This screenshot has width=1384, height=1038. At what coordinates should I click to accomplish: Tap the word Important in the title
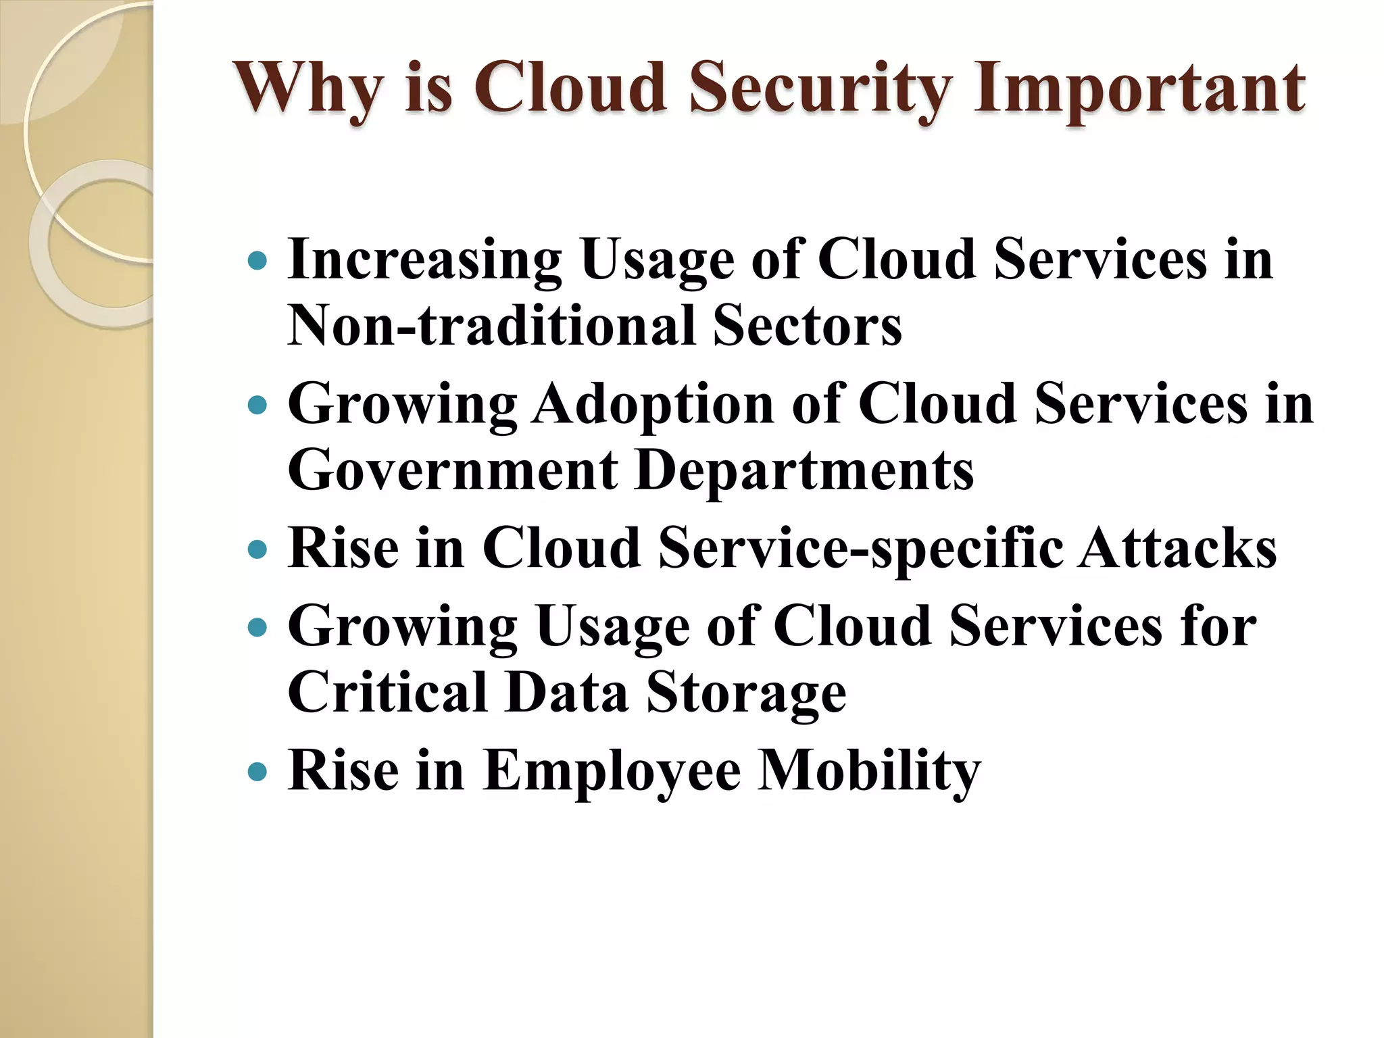click(1139, 89)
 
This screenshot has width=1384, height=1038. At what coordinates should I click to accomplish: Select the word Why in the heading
click(308, 89)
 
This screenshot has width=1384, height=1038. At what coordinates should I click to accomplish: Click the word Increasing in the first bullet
click(424, 261)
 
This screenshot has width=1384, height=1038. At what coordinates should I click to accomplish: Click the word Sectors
click(807, 326)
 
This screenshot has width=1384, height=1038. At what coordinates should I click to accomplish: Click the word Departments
click(804, 470)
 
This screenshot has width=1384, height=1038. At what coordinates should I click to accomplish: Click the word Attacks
click(1177, 549)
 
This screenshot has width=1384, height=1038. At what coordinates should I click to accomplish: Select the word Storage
click(746, 695)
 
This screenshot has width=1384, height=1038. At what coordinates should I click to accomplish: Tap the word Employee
click(612, 772)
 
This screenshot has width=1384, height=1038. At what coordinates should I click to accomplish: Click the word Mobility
click(868, 772)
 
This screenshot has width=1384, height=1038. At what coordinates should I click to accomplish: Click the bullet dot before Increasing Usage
click(258, 261)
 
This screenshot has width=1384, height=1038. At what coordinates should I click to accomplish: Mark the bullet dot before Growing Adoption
click(258, 405)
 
